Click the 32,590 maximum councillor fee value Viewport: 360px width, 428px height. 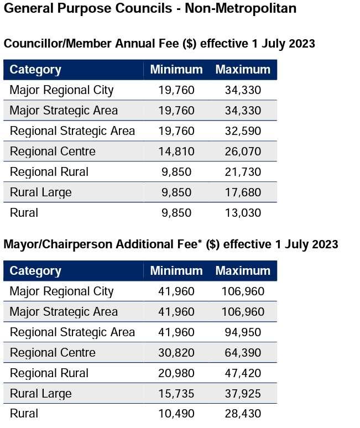[243, 131]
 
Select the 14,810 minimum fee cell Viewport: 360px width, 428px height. [176, 152]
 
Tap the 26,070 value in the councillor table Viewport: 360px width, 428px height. [243, 152]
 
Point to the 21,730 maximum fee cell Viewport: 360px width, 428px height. [243, 172]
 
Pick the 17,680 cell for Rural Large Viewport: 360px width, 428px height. [243, 192]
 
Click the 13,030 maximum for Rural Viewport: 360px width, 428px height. [243, 213]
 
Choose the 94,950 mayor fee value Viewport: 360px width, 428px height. [243, 332]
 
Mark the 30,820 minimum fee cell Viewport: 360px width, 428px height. [176, 353]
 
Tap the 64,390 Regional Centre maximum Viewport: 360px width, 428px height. [243, 353]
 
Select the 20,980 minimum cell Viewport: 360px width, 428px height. [176, 373]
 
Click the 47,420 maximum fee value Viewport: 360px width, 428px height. [243, 373]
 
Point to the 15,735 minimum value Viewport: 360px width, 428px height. [176, 394]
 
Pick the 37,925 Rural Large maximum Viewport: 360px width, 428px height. [243, 394]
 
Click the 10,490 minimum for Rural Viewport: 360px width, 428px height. [176, 414]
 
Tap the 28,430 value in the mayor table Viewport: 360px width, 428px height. [243, 414]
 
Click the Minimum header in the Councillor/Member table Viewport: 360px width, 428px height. [176, 70]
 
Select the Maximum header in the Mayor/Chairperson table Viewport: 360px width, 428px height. [243, 271]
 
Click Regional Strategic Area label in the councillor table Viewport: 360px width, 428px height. [72, 131]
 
